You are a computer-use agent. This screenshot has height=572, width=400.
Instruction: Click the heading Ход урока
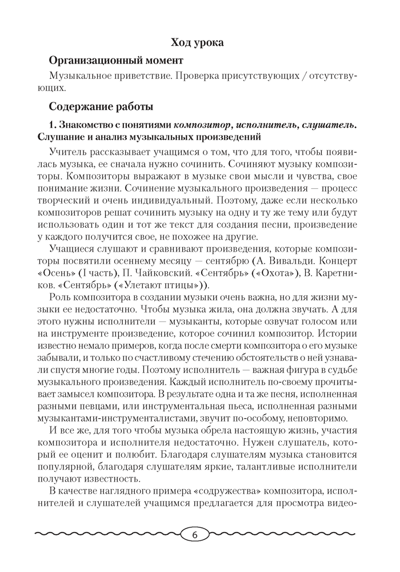pyautogui.click(x=197, y=42)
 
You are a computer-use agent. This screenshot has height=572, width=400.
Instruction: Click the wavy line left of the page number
pyautogui.click(x=109, y=535)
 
